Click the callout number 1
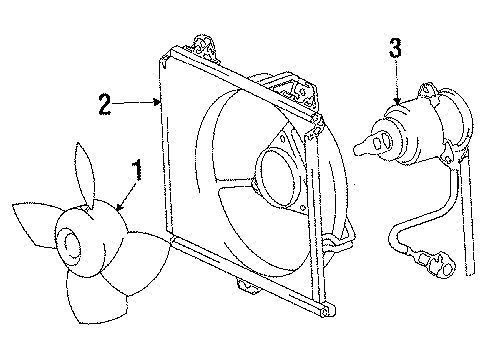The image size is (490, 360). pyautogui.click(x=137, y=170)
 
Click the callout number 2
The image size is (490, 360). pyautogui.click(x=105, y=104)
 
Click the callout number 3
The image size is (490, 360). pyautogui.click(x=396, y=48)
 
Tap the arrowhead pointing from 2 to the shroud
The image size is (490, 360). pyautogui.click(x=157, y=102)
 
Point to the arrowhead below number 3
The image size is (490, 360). pyautogui.click(x=397, y=101)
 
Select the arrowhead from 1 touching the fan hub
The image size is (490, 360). pyautogui.click(x=119, y=207)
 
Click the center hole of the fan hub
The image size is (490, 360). pyautogui.click(x=71, y=245)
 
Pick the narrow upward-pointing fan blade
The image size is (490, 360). pyautogui.click(x=84, y=173)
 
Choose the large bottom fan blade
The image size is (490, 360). pyautogui.click(x=97, y=297)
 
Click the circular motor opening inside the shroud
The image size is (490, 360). pyautogui.click(x=281, y=177)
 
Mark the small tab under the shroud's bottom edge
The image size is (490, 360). pyautogui.click(x=246, y=287)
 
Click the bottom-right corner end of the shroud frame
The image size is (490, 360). pyautogui.click(x=328, y=310)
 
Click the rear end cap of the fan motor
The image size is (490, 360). pyautogui.click(x=458, y=119)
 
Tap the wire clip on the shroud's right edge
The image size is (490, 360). pyautogui.click(x=337, y=242)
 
